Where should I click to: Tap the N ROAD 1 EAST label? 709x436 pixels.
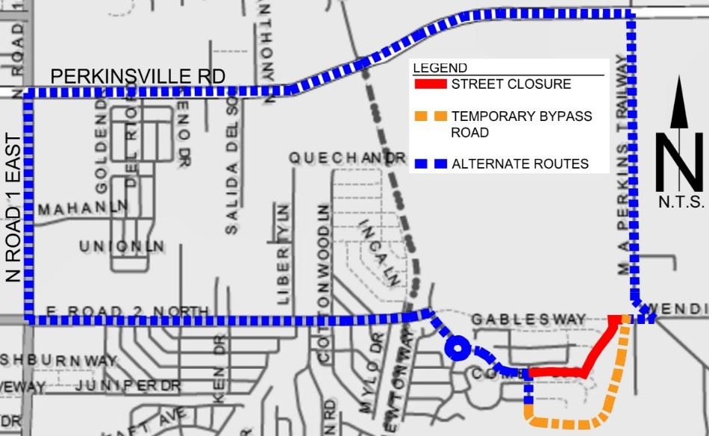[13, 208]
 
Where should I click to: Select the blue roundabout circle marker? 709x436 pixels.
[456, 348]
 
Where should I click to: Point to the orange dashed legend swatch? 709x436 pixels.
[430, 116]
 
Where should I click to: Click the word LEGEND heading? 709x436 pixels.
[440, 68]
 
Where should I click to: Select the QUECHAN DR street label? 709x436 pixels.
[347, 158]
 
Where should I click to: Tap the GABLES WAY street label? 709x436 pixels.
[528, 320]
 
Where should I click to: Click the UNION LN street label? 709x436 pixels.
[122, 246]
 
